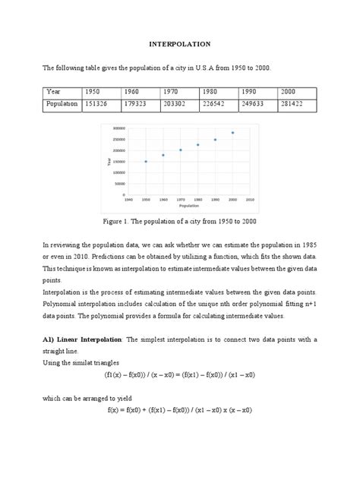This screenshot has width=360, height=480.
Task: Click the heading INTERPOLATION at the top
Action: (179, 45)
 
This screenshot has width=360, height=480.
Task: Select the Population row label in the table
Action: (62, 103)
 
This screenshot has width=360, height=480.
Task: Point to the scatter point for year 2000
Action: (232, 132)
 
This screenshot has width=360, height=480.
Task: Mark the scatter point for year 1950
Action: (146, 161)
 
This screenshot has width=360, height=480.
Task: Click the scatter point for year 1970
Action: (181, 150)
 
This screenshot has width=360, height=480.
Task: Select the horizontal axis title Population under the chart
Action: (188, 205)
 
